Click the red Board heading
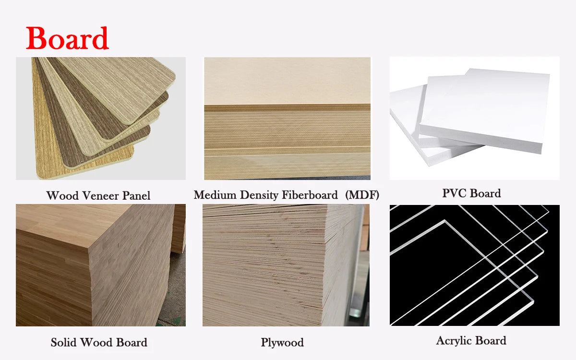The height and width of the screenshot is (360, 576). point(67,38)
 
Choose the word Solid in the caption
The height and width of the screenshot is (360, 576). point(64,343)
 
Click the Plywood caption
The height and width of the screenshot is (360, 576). point(282,343)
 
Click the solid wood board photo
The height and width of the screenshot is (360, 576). point(101,265)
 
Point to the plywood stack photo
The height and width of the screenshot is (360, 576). point(286,265)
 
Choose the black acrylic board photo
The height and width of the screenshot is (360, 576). point(474,265)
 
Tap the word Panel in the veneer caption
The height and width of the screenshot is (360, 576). point(136,196)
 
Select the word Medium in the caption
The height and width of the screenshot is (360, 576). point(212,195)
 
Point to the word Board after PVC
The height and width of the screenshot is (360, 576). point(486,193)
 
